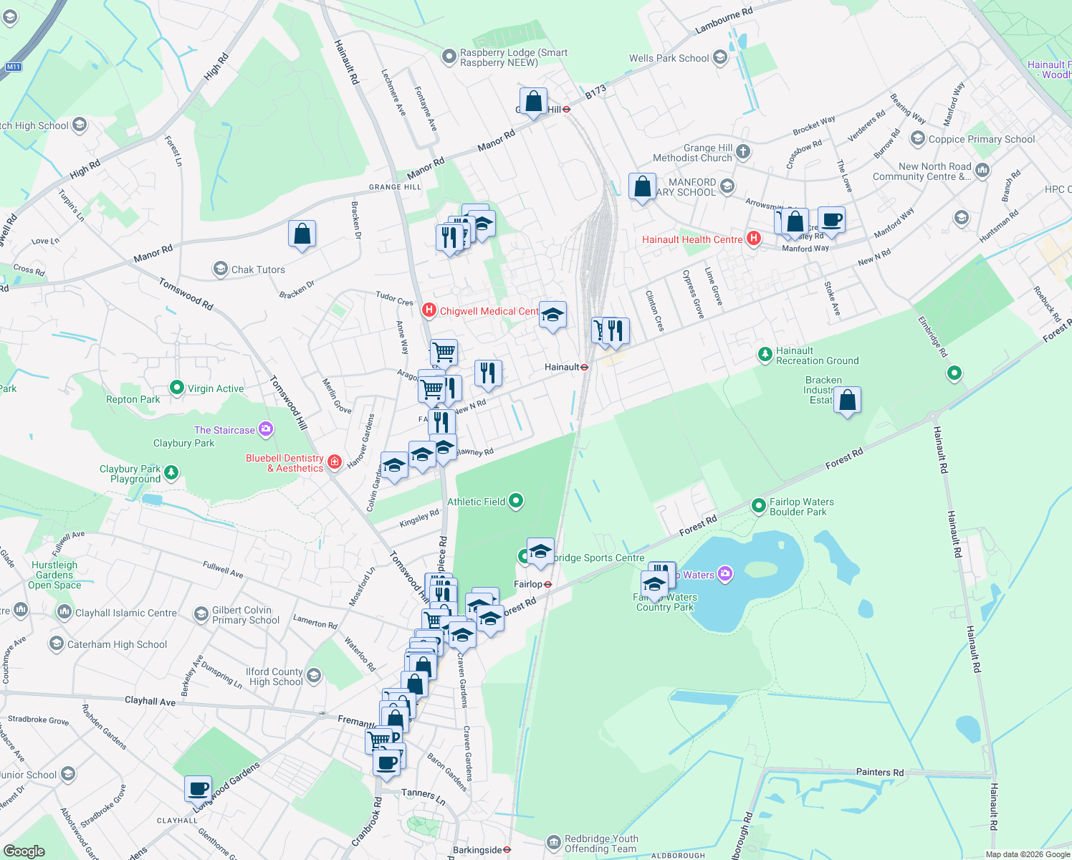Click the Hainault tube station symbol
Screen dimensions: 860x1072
585,367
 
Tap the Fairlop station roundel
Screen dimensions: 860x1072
547,585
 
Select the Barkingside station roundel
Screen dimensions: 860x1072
507,850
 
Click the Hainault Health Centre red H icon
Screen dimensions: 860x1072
753,239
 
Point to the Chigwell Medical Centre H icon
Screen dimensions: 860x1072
429,310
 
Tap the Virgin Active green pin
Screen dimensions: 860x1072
177,388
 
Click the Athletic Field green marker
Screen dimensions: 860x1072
516,501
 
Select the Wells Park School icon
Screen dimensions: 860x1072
720,58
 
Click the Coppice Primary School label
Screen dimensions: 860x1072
981,139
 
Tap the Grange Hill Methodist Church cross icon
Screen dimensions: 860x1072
743,150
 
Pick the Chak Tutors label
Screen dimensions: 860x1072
258,269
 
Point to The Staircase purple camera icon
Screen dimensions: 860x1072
266,429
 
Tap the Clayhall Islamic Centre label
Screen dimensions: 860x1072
126,613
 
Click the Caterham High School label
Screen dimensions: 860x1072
117,644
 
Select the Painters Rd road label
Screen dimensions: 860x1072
879,772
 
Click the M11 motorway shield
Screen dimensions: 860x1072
13,67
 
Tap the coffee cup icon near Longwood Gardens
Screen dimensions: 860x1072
198,788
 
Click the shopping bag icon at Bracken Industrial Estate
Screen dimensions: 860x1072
847,400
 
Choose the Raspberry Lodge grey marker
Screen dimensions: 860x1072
449,57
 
